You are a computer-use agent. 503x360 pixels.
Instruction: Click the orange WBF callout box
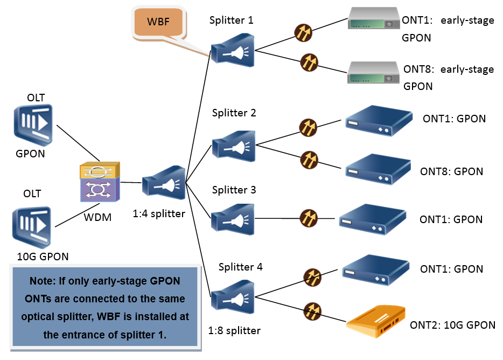coord(158,23)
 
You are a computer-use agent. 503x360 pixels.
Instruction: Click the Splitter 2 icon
coord(233,144)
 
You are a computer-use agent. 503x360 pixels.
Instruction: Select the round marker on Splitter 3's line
coord(308,218)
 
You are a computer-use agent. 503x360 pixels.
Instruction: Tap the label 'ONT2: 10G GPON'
coord(452,325)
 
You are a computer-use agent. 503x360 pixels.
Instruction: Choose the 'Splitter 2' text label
coord(234,113)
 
